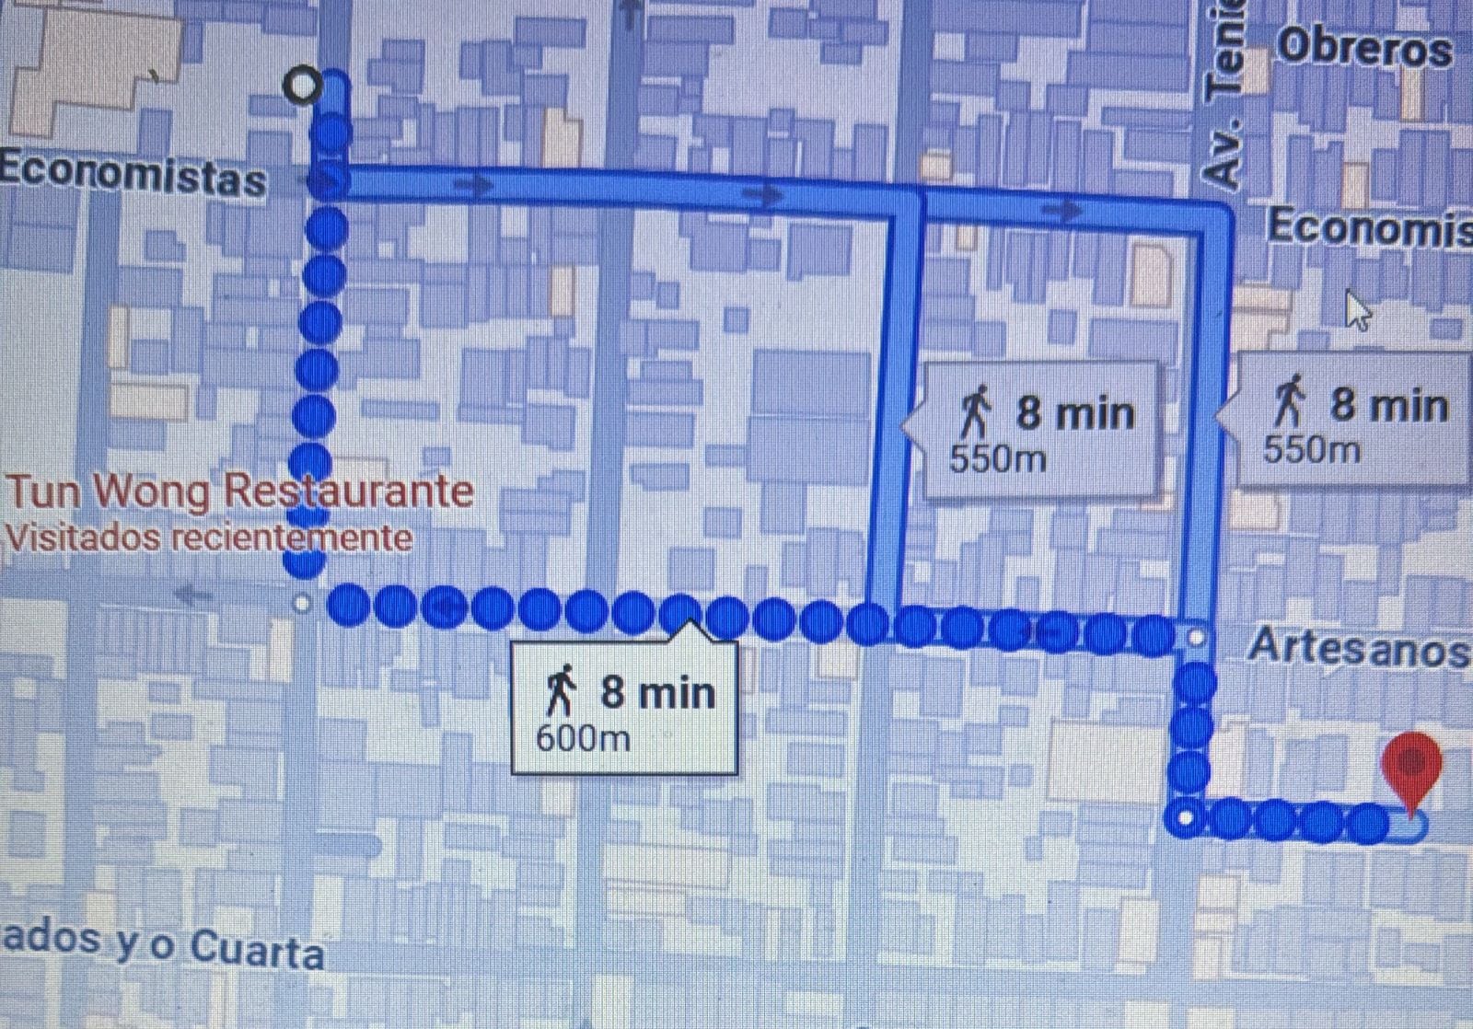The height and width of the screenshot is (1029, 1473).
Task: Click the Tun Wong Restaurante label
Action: click(239, 491)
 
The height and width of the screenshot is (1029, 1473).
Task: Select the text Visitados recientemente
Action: click(208, 538)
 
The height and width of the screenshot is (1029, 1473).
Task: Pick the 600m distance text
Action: click(582, 737)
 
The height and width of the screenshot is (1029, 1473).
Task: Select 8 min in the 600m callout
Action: click(657, 691)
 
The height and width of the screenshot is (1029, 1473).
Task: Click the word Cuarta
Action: click(257, 950)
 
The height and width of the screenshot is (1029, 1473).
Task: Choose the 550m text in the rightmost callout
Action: click(1311, 450)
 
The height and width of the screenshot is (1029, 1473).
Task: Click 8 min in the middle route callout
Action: click(1074, 412)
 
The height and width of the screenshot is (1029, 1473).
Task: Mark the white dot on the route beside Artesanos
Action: click(1196, 636)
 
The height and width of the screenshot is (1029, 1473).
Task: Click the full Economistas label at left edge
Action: click(133, 175)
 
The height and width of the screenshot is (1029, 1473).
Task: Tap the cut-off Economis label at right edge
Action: click(1370, 227)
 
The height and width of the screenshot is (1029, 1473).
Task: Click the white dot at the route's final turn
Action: click(1187, 817)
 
